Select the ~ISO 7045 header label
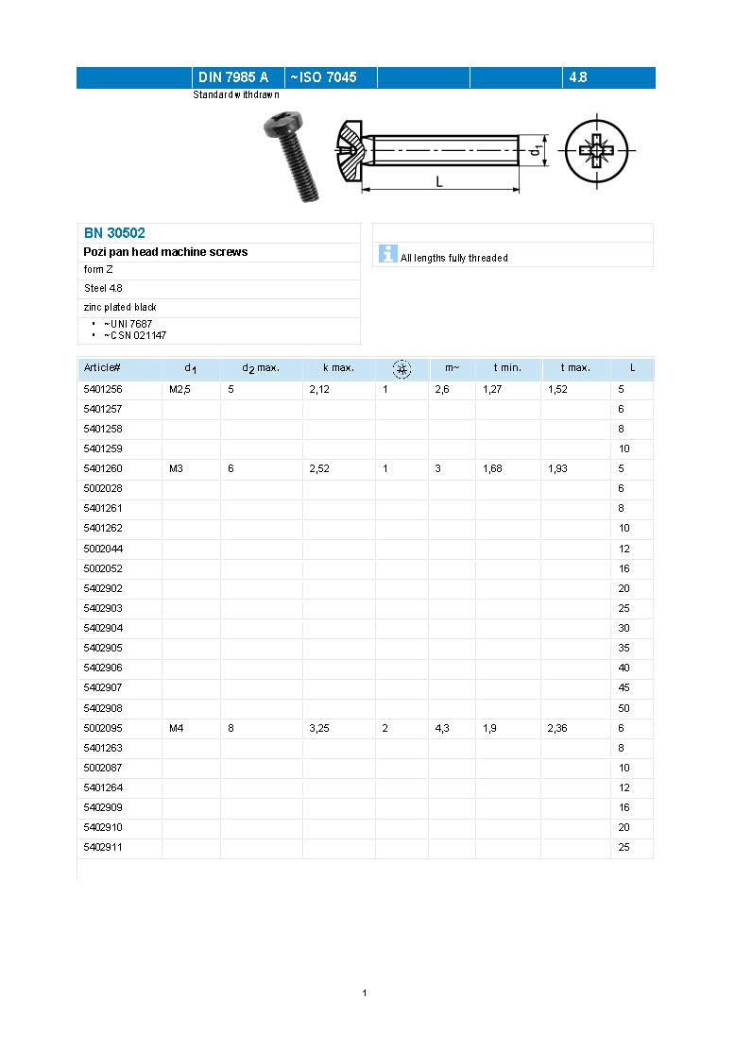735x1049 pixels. [x=323, y=77]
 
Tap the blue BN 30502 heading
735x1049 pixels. [x=114, y=232]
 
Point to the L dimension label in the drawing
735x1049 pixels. [x=439, y=181]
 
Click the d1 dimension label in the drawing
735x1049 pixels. [x=535, y=149]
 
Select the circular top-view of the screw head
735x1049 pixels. [x=597, y=150]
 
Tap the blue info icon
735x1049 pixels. [x=387, y=253]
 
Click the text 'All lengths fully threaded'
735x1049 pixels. [x=453, y=258]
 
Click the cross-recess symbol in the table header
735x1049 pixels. [x=402, y=368]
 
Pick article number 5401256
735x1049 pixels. [x=103, y=389]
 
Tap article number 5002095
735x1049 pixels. [x=103, y=728]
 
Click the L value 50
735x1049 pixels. [x=624, y=708]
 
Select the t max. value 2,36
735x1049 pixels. [x=558, y=728]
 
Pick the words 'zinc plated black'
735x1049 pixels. [x=120, y=307]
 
